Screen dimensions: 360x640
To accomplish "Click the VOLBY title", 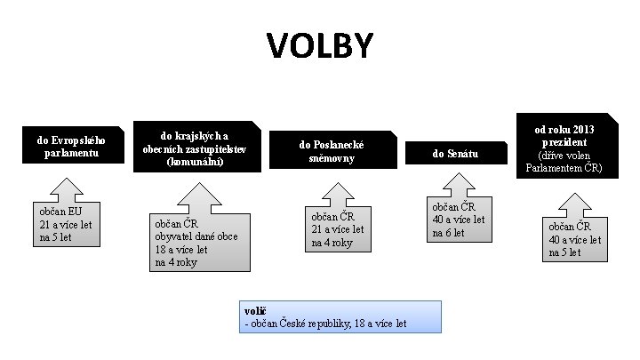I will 320,45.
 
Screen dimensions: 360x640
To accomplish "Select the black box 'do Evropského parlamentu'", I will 70,147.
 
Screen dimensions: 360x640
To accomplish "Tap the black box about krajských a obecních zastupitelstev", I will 196,147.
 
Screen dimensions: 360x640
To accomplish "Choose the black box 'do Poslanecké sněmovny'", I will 332,150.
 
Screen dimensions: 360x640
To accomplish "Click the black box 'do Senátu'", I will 455,154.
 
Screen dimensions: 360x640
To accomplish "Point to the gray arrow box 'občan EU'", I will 66,227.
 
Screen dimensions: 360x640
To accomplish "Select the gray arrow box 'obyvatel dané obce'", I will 196,240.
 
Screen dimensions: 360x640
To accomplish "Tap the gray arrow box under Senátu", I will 459,218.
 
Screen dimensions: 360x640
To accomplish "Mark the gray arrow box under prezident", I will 572,236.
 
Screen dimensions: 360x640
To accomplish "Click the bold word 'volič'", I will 255,310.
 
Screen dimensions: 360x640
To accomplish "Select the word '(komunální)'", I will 196,161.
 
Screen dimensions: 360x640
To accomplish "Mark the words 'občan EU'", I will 59,212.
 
